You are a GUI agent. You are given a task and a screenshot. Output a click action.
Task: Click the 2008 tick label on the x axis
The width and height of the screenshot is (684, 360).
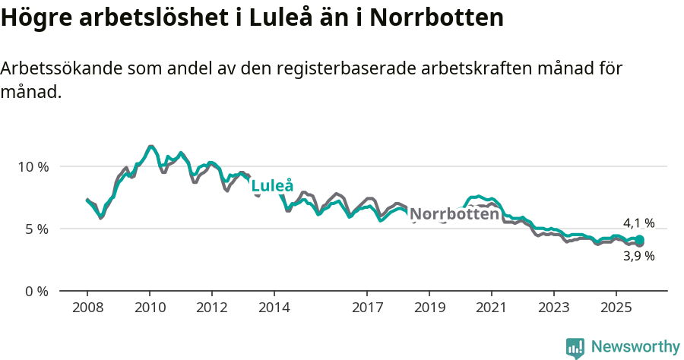tap(87, 309)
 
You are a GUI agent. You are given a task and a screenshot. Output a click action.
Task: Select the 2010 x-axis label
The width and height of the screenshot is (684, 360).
tap(150, 309)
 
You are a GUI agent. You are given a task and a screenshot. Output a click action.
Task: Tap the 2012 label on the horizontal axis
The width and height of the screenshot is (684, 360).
tap(212, 309)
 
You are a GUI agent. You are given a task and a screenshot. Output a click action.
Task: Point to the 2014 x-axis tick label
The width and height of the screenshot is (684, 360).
tap(274, 309)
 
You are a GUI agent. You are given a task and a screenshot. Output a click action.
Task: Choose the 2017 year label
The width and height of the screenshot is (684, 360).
tap(367, 309)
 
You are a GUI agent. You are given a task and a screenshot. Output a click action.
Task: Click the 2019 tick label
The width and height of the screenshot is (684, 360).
tap(429, 309)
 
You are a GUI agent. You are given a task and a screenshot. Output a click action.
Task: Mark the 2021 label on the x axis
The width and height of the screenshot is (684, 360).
tap(492, 309)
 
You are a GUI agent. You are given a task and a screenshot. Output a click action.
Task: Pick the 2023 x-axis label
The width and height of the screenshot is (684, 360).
tap(554, 309)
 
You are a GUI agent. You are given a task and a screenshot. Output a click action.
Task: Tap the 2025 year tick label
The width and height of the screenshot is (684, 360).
tap(616, 309)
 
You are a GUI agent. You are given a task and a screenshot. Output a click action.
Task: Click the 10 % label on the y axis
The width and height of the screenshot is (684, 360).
tap(33, 166)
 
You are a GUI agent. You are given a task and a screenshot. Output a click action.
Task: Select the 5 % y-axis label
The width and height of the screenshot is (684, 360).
tap(36, 229)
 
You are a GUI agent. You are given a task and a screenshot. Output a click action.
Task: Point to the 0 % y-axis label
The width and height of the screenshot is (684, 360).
tap(36, 291)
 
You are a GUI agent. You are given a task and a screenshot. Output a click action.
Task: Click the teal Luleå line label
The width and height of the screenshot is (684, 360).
tap(271, 186)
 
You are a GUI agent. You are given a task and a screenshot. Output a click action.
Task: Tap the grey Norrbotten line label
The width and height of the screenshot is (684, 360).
tap(454, 214)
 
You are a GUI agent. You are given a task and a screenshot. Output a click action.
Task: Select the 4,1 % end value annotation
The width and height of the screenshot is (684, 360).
tap(638, 223)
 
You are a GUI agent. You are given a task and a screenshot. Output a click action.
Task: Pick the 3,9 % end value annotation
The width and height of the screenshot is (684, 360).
tap(638, 256)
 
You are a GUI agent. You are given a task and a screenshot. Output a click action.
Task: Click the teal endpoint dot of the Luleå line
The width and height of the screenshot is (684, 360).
tap(640, 240)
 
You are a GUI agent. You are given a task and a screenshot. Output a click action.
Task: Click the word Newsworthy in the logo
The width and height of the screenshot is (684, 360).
tap(635, 347)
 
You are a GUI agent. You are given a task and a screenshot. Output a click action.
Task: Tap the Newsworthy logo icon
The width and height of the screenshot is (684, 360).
tap(575, 348)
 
